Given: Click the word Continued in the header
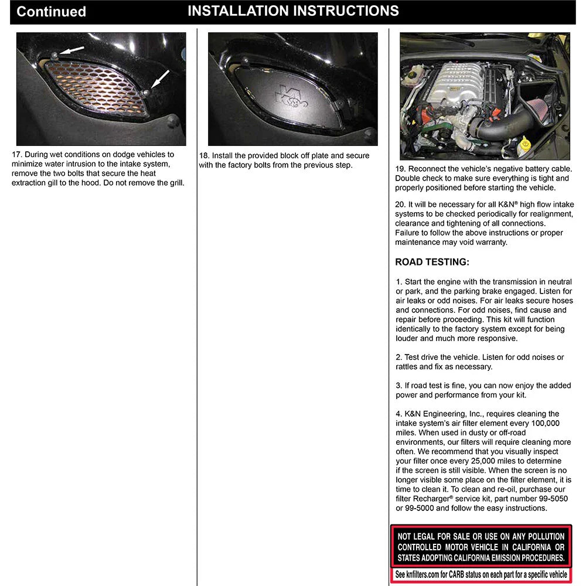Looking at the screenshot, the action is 51,12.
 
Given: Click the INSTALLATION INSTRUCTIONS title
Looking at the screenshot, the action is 294,11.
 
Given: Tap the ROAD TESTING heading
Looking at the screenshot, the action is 432,262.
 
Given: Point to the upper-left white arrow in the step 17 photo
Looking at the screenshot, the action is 71,50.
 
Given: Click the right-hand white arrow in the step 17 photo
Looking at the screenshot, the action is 160,80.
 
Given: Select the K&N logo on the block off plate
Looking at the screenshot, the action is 291,97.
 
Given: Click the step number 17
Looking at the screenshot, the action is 17,154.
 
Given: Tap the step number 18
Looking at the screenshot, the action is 204,155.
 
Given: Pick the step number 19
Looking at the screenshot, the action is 400,169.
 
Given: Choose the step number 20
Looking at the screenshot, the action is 400,205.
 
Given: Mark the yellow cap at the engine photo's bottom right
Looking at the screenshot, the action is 525,142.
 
